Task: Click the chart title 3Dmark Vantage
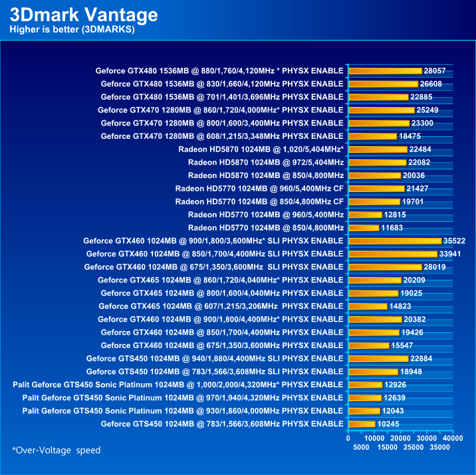[x=84, y=15]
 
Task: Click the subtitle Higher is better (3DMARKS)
[x=72, y=30]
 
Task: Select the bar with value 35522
[x=395, y=240]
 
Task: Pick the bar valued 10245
[x=362, y=424]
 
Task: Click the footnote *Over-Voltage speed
[x=57, y=450]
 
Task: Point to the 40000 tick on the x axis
[x=453, y=438]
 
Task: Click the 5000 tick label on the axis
[x=361, y=448]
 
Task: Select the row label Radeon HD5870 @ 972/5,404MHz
[x=266, y=162]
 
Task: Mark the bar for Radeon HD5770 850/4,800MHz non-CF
[x=364, y=227]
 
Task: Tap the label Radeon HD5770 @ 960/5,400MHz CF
[x=259, y=188]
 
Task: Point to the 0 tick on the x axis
[x=348, y=438]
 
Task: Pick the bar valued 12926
[x=365, y=385]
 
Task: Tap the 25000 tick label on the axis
[x=414, y=448]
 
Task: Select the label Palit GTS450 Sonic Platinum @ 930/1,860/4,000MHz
[x=183, y=411]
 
